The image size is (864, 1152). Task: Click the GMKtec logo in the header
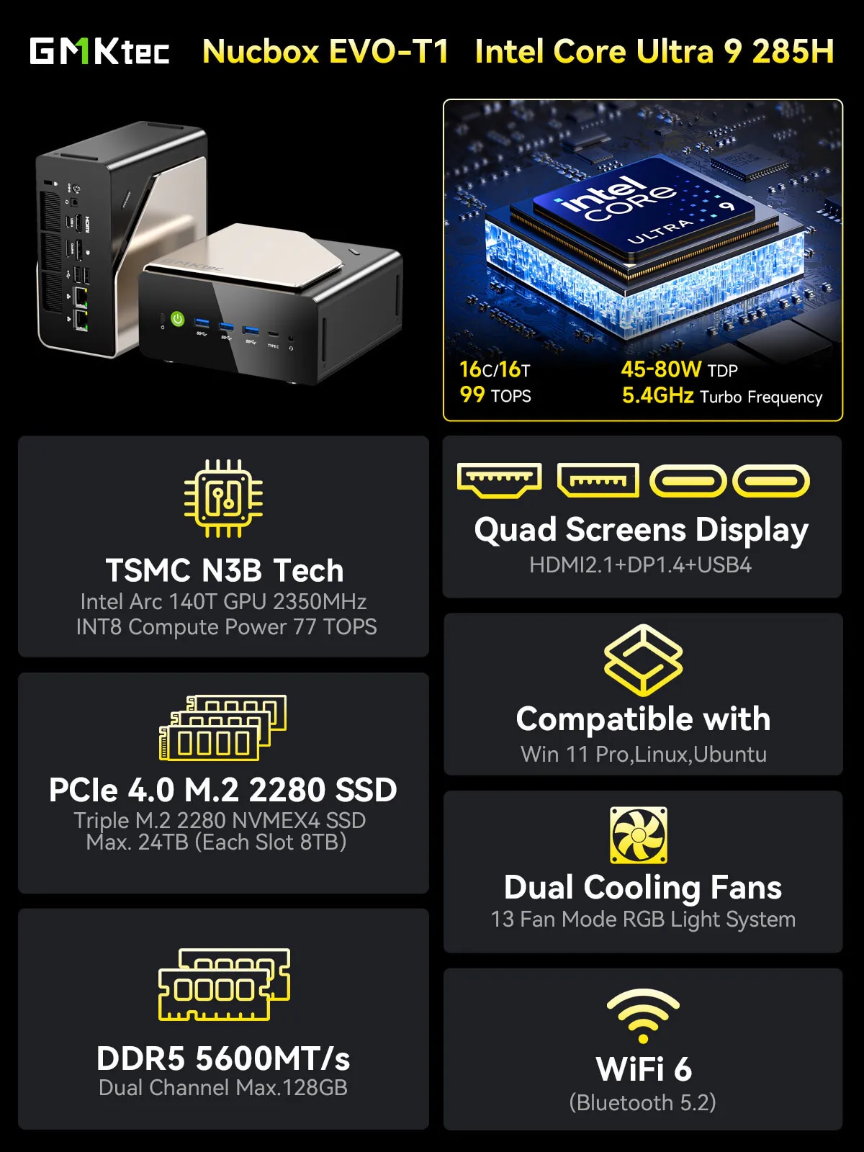pos(99,51)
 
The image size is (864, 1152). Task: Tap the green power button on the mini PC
pos(178,318)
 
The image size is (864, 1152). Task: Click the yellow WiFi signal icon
pos(643,1016)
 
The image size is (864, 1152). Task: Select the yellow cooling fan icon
pos(639,835)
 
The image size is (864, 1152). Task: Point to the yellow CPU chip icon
pos(223,498)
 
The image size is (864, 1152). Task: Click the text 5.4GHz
pos(658,395)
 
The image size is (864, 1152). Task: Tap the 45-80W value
pos(661,369)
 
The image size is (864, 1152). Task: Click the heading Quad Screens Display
pos(641,530)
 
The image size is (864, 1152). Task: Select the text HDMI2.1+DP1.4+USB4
pos(640,565)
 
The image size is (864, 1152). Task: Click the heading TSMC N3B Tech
pos(225,570)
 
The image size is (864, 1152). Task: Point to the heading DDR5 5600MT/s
pos(223,1058)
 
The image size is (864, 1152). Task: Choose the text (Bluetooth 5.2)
pos(643,1102)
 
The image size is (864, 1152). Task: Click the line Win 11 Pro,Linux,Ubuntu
pos(644,754)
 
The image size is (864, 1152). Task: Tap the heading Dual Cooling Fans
pos(643,888)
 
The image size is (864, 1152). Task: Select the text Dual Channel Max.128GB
pos(223,1087)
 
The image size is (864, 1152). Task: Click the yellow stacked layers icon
pos(643,660)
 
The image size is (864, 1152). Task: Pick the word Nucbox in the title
pos(261,51)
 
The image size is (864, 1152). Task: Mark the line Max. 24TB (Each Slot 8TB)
pos(216,842)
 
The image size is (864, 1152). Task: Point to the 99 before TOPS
pos(472,395)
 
